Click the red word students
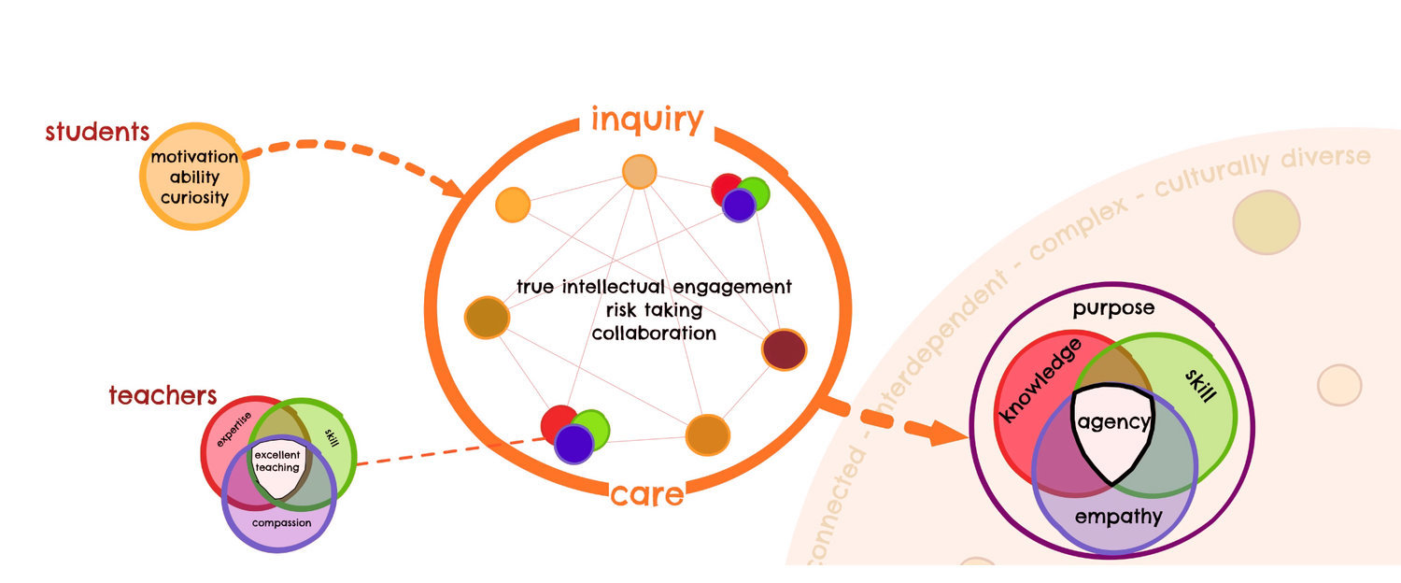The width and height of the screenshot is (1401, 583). (x=90, y=132)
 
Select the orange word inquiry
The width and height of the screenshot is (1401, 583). (x=646, y=120)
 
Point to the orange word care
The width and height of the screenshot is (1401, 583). (x=647, y=493)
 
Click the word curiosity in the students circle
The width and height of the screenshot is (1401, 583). (x=194, y=197)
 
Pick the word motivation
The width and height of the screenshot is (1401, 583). (x=194, y=156)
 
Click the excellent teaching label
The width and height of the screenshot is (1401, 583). (x=277, y=461)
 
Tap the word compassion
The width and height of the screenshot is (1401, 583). (x=281, y=522)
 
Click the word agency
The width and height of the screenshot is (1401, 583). (x=1113, y=421)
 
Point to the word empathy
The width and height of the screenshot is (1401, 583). (x=1118, y=517)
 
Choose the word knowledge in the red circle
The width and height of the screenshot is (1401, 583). (x=1041, y=380)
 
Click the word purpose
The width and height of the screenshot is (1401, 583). (x=1113, y=307)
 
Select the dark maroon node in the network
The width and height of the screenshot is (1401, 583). (x=784, y=349)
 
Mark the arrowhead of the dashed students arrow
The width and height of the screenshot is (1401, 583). (x=454, y=189)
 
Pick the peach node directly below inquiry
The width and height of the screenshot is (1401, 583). (x=640, y=172)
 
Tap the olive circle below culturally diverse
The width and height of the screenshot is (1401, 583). (x=1266, y=221)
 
